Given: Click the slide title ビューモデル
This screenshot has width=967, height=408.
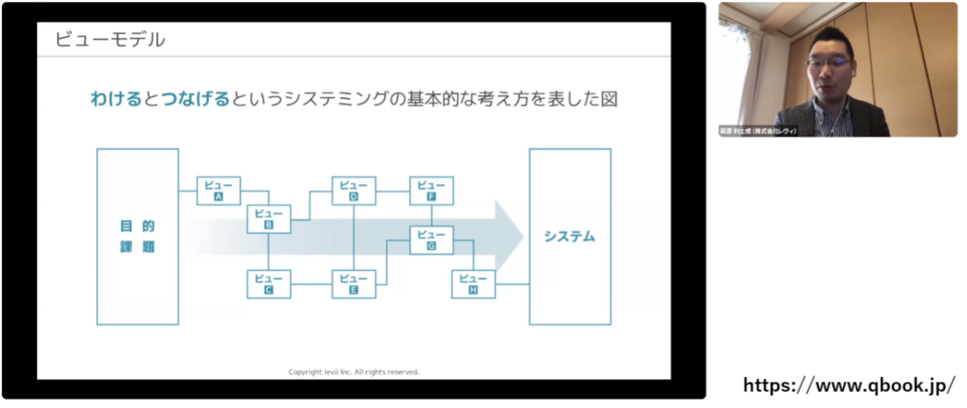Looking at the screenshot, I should (110, 39).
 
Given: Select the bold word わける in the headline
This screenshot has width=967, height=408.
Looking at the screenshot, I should (116, 99).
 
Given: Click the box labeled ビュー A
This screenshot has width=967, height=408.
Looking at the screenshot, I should (219, 191).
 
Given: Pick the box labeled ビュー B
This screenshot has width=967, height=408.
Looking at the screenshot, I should (268, 219).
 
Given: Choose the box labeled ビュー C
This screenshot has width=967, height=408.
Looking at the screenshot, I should (268, 284).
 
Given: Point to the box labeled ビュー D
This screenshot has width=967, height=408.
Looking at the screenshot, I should (354, 191).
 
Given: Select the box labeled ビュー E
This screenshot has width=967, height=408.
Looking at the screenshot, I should (354, 284).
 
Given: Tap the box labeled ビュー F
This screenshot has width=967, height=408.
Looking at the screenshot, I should (432, 191).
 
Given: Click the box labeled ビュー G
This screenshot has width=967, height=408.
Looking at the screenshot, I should (432, 240).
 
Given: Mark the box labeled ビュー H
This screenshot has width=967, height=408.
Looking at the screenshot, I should (473, 284).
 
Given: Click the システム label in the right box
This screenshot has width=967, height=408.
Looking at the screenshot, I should (570, 237).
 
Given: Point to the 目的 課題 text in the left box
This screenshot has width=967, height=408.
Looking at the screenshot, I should (138, 237).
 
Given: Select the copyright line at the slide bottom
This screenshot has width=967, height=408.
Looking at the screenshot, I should (354, 372).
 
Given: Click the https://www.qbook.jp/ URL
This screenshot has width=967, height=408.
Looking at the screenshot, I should (849, 386).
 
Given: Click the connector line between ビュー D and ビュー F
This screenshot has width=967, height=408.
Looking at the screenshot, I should (392, 191).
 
